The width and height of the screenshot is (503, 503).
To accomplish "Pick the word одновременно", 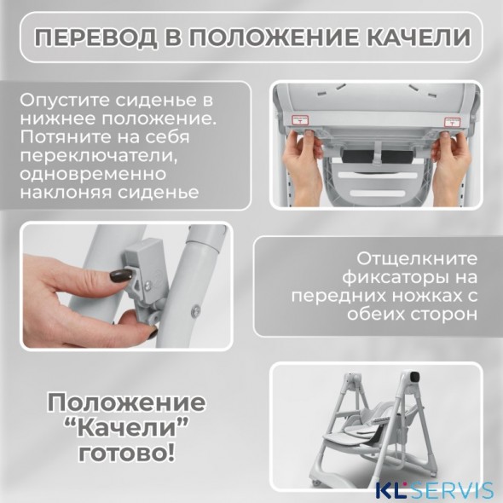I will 90,175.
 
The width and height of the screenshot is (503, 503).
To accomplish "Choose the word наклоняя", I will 70,194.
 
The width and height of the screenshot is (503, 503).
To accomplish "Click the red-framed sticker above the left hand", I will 300,122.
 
